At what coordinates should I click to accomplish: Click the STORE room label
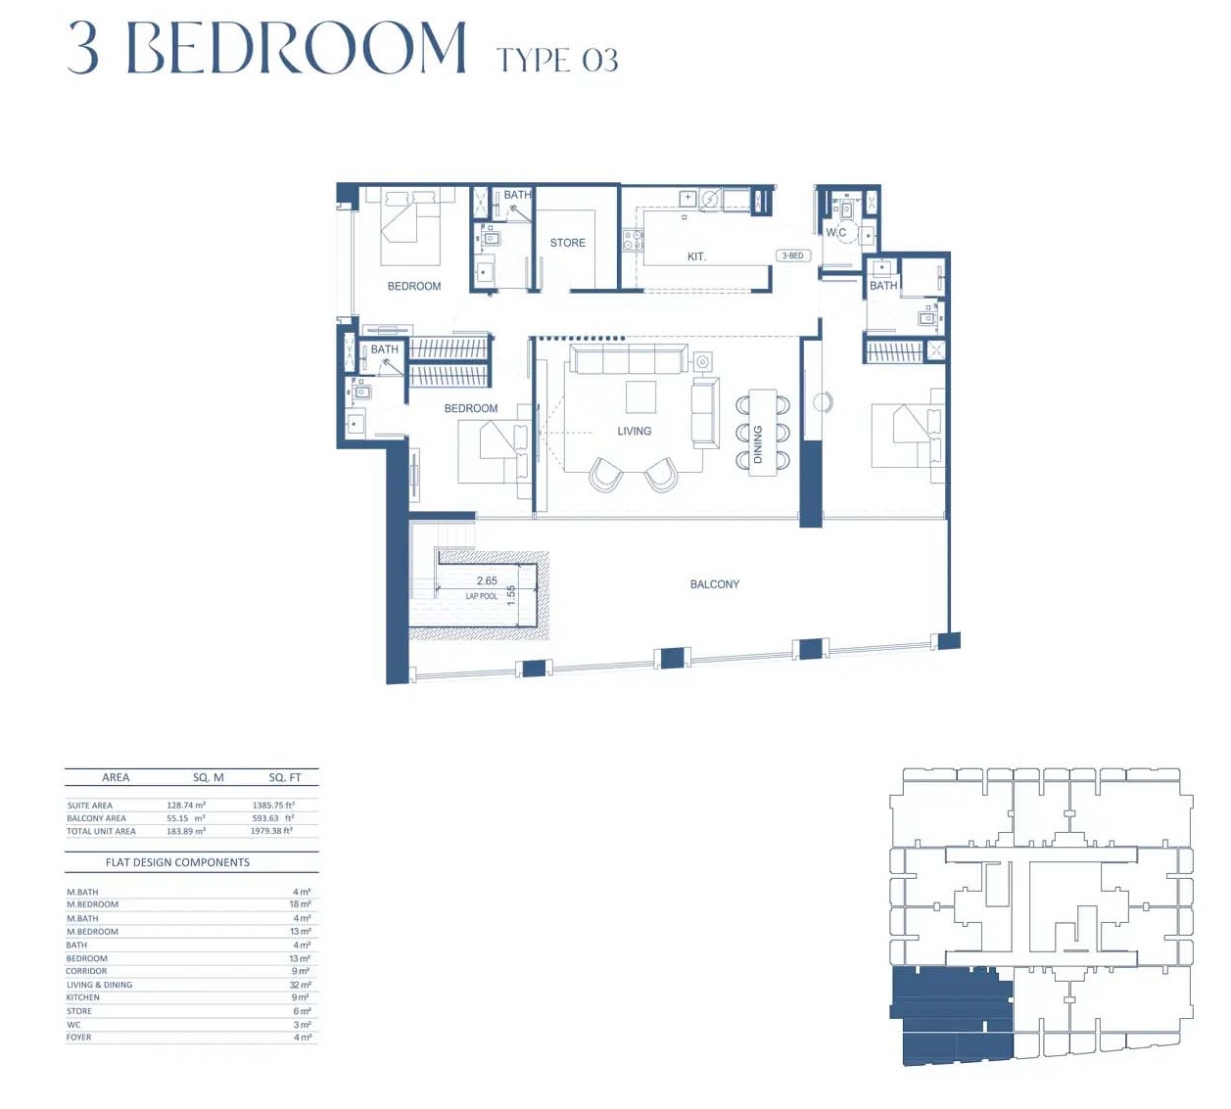tap(567, 243)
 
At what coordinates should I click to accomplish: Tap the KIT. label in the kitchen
tap(696, 256)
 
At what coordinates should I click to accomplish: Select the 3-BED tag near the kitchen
tap(792, 255)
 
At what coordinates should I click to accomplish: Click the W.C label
tap(835, 232)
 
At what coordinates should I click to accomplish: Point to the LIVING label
tap(634, 431)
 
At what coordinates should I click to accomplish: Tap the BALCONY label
tap(714, 584)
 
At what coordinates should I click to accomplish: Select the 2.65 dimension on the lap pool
tap(487, 580)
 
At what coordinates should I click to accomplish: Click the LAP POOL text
tap(482, 596)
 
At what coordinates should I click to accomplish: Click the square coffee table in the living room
tap(641, 396)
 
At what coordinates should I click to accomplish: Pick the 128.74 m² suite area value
tap(186, 806)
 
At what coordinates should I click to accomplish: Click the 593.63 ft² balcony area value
tap(272, 818)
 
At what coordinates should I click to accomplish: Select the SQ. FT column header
tap(285, 777)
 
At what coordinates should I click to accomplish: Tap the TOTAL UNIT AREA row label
tap(101, 831)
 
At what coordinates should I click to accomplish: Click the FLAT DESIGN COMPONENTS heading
tap(177, 862)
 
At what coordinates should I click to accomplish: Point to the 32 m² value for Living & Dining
tap(301, 985)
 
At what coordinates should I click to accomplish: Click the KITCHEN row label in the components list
tap(83, 997)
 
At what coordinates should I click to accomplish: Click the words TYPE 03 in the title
tap(557, 61)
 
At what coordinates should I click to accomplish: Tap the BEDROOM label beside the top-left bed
tap(414, 286)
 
